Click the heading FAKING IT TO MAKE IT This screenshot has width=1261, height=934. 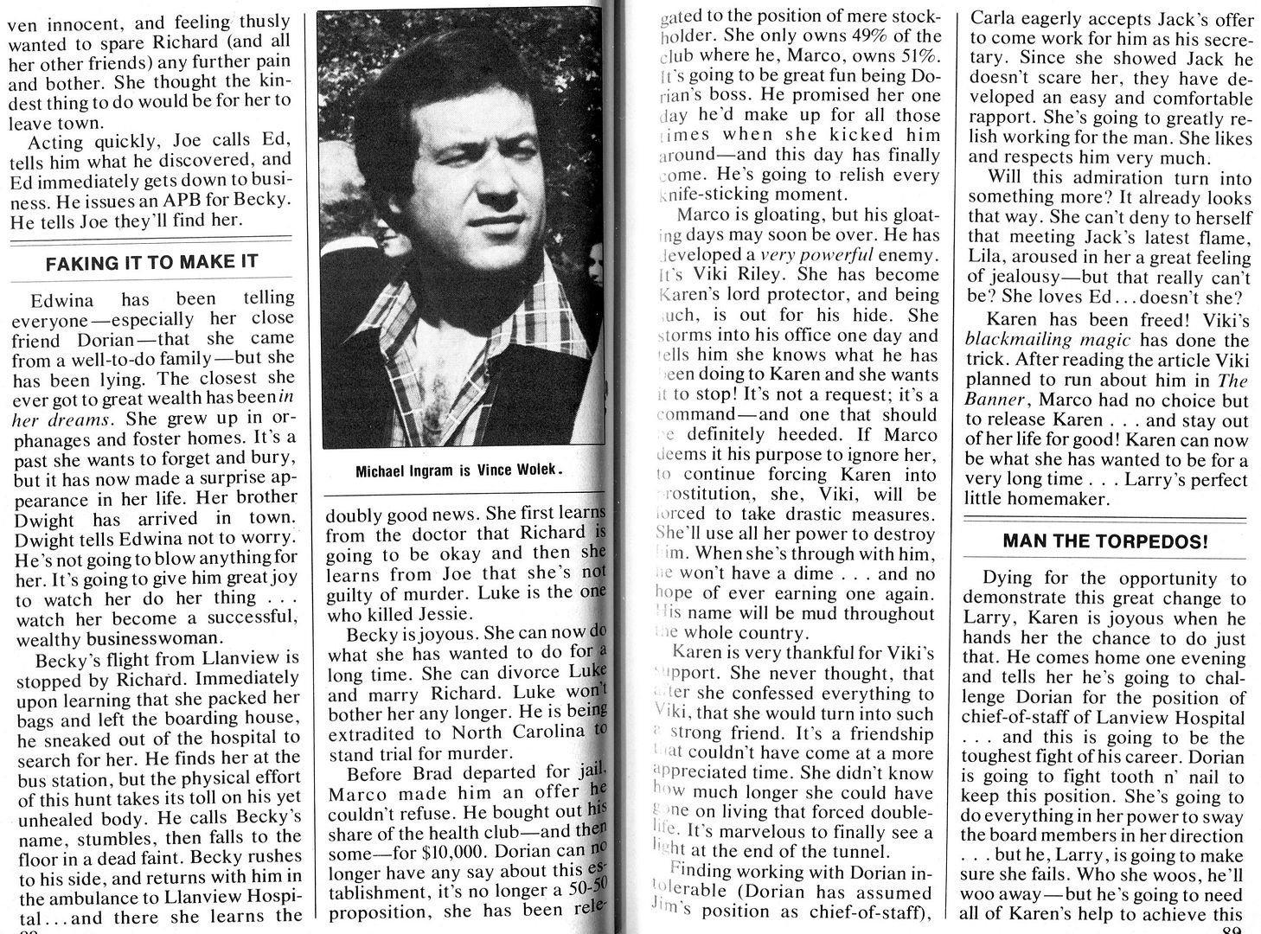coord(151,262)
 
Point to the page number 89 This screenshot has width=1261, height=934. coord(1232,929)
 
